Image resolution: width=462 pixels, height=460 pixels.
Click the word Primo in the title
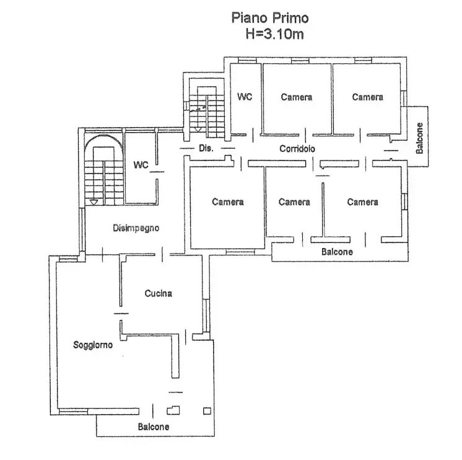(x=290, y=18)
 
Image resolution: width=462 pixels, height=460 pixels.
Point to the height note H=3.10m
(x=274, y=34)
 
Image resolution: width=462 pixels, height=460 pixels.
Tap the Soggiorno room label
(x=93, y=345)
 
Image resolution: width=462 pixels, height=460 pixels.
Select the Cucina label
(x=159, y=293)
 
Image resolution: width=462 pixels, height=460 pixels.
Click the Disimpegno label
(x=136, y=228)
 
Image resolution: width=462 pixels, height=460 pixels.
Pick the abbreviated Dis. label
(x=206, y=148)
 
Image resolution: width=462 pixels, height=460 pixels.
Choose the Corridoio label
(x=297, y=149)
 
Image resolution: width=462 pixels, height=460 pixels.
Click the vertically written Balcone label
(x=419, y=138)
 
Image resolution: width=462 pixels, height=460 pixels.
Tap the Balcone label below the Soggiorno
(x=154, y=427)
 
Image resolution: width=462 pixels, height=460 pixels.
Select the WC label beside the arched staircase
(x=141, y=164)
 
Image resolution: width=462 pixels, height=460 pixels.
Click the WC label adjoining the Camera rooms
(x=245, y=97)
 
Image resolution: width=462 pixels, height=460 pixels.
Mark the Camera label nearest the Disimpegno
(x=228, y=201)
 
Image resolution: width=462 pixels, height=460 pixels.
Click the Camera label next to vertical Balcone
(x=368, y=97)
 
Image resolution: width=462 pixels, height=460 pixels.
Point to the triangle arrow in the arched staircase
(x=94, y=202)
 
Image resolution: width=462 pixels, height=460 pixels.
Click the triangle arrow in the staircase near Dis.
(x=198, y=129)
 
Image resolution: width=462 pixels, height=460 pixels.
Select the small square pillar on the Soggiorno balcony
(x=207, y=411)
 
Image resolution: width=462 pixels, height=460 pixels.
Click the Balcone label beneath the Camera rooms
(x=337, y=252)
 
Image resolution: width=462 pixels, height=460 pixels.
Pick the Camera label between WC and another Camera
(x=297, y=97)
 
